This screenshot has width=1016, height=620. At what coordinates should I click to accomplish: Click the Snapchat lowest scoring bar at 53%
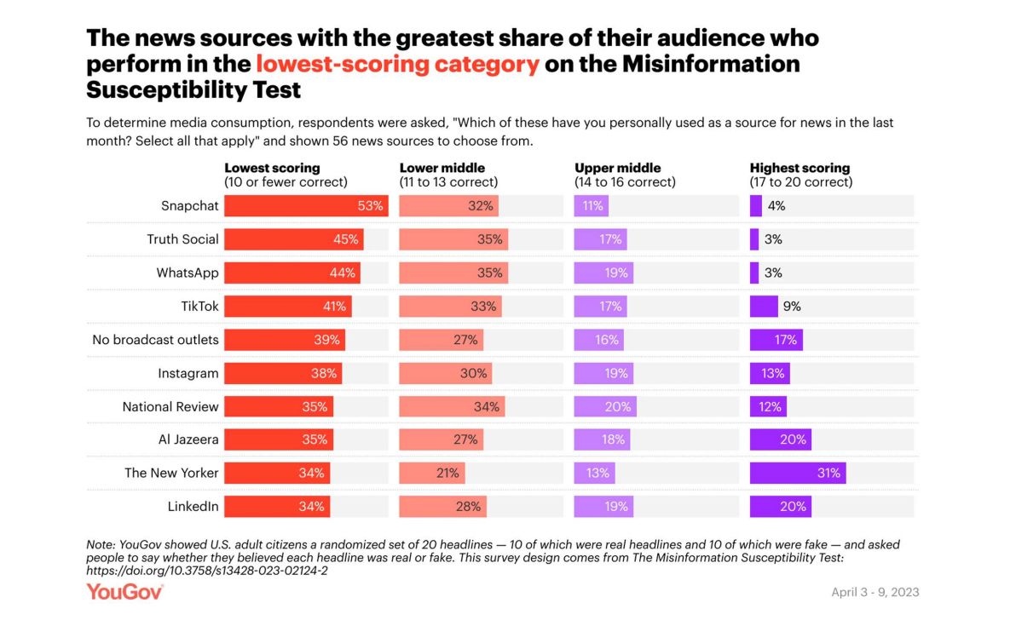tap(306, 206)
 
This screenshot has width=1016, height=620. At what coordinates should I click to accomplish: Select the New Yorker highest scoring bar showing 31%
tap(798, 474)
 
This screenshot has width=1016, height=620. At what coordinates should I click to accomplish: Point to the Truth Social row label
tap(182, 239)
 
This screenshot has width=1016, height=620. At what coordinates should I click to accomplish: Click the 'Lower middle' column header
tap(442, 168)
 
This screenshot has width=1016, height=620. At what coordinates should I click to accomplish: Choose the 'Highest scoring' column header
tap(800, 168)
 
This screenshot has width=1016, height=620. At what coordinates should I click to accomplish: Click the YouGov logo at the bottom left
tap(124, 591)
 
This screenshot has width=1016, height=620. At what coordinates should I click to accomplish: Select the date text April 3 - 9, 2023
tap(875, 592)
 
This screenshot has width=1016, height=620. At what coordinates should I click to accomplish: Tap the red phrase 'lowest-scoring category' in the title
tap(397, 65)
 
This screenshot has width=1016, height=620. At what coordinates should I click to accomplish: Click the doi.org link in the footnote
tap(207, 570)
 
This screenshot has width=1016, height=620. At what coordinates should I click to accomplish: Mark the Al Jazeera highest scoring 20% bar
tap(780, 440)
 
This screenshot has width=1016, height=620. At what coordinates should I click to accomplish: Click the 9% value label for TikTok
tap(792, 307)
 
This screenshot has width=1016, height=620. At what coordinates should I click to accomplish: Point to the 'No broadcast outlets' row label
tap(155, 340)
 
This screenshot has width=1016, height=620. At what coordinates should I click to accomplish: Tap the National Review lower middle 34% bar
tap(452, 407)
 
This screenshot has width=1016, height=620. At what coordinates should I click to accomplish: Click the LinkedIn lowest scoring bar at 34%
tap(277, 507)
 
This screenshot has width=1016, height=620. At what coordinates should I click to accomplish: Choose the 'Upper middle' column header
tap(617, 168)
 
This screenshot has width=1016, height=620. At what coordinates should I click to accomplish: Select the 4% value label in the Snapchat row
tap(776, 206)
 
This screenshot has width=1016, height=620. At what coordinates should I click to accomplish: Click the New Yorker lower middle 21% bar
tap(432, 474)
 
